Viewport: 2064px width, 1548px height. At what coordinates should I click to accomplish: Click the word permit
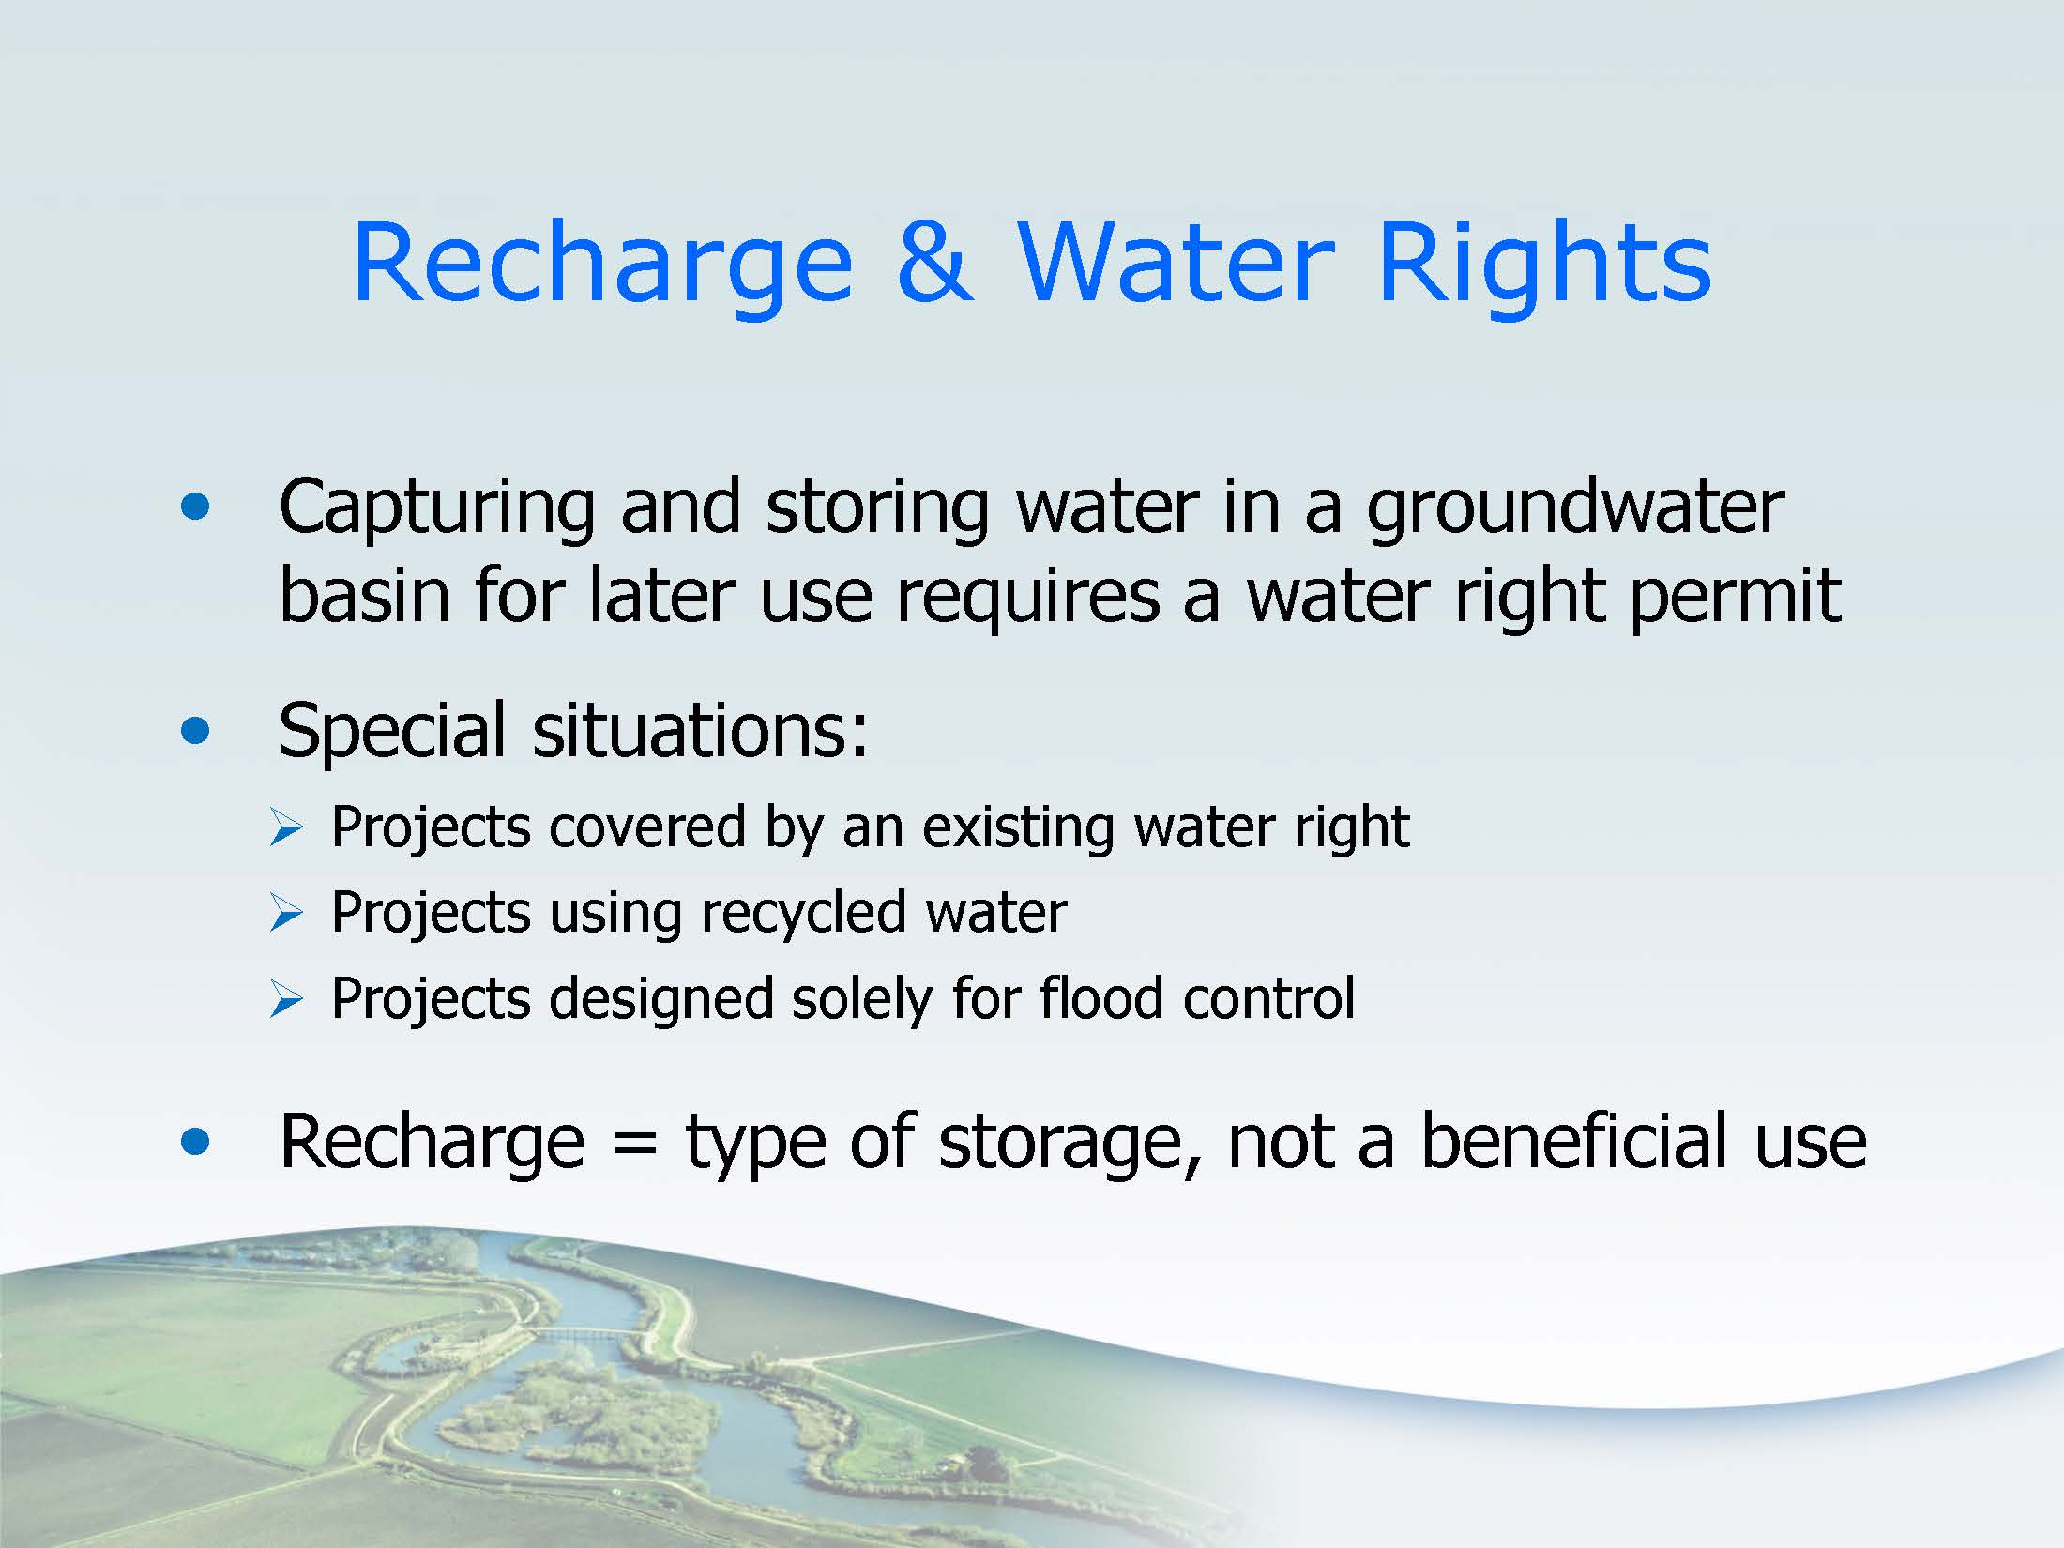coord(1735,598)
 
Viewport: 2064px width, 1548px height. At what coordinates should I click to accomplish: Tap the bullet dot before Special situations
coord(195,731)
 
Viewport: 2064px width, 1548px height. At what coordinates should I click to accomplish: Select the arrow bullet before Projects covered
coord(285,828)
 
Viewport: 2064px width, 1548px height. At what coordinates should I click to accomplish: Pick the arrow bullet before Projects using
coord(285,914)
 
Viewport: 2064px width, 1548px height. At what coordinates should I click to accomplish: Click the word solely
coord(861,1000)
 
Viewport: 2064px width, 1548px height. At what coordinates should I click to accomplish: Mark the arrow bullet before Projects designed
coord(285,1000)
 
